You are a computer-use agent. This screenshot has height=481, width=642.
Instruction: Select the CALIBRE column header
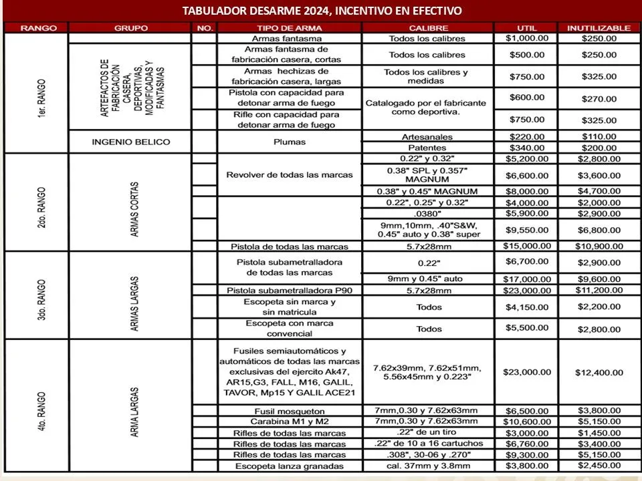tap(428, 28)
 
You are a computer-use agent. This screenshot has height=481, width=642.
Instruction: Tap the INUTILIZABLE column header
tap(599, 28)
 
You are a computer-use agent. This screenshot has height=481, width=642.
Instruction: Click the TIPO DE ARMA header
tap(290, 28)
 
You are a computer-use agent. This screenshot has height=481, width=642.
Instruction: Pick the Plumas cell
tap(290, 142)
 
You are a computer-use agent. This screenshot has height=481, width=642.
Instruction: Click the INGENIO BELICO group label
tap(130, 142)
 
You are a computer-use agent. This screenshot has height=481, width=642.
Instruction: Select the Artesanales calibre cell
tap(428, 136)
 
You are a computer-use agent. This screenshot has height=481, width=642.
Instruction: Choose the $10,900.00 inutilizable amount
tap(599, 246)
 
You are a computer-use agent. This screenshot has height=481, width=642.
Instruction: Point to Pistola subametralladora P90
tap(290, 291)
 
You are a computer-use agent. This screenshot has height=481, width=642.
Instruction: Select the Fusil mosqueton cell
tap(290, 411)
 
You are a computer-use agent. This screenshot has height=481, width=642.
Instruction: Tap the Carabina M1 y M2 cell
tap(290, 422)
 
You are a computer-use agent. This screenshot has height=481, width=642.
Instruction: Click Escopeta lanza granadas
tap(290, 466)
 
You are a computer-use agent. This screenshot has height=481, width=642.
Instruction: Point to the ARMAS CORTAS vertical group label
tap(136, 202)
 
